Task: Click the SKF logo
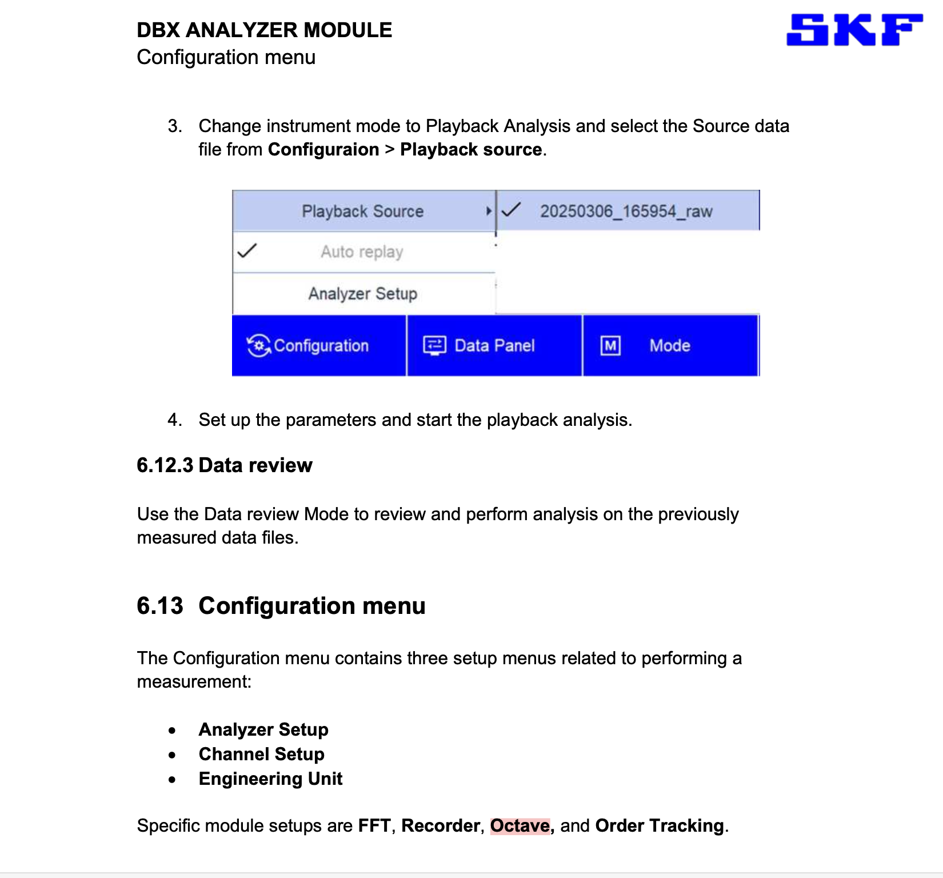pos(854,30)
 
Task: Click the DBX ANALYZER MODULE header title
pos(264,30)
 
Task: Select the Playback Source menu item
pos(363,211)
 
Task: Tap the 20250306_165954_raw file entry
pos(626,211)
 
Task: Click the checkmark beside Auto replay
pos(247,251)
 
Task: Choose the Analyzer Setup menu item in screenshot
pos(363,293)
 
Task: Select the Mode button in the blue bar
pos(670,345)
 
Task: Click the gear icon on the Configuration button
pos(259,345)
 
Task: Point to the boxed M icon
pos(610,345)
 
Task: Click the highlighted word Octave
pos(520,825)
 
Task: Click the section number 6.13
pos(160,606)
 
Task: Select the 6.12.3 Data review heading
pos(225,465)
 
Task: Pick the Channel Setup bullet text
pos(261,754)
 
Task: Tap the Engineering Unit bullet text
pos(270,779)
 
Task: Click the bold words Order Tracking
pos(660,825)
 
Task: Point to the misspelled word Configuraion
pos(323,149)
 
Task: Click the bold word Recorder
pos(441,825)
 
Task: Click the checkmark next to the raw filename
pos(510,210)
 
